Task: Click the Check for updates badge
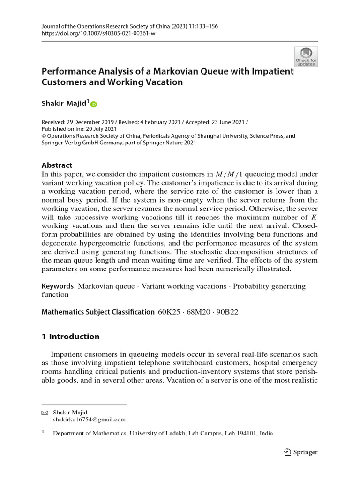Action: [306, 56]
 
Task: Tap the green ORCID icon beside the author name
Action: [93, 105]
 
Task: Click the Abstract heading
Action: [57, 165]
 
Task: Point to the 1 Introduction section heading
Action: [71, 337]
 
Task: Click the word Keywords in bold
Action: [58, 286]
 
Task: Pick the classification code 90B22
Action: [225, 312]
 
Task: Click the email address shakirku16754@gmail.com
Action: [89, 420]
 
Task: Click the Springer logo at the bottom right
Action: [301, 452]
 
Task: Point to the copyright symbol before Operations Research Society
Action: [45, 136]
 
